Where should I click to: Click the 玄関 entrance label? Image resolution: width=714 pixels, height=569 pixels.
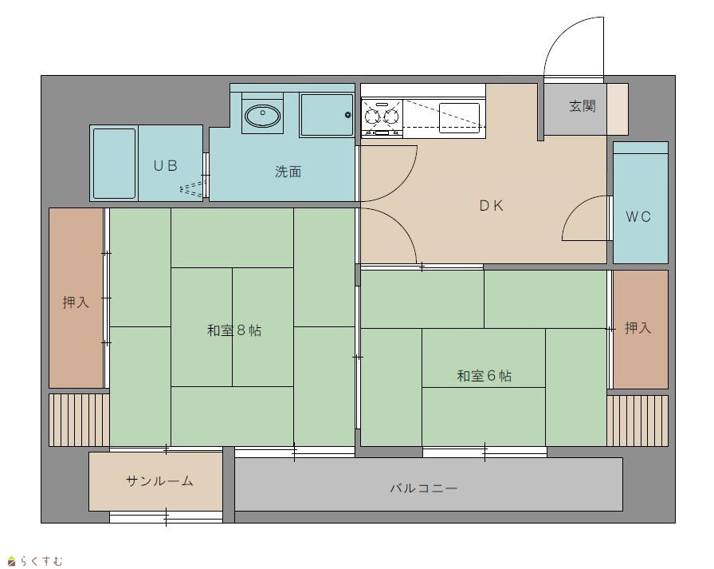pos(583,106)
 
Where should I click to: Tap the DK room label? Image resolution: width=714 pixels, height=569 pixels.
pos(492,206)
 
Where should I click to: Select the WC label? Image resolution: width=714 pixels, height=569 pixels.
pos(638,217)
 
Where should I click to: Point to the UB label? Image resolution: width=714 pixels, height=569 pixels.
pos(165,165)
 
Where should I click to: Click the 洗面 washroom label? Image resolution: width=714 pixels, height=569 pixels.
pos(288,172)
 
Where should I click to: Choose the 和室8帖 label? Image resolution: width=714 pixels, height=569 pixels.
pos(234,330)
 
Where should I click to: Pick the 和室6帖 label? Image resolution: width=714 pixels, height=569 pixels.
pos(484,376)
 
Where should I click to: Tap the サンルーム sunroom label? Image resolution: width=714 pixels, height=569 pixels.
pos(159,481)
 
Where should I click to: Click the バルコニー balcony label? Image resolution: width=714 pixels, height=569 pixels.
pos(423,488)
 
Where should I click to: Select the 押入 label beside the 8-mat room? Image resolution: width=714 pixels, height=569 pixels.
pos(76,302)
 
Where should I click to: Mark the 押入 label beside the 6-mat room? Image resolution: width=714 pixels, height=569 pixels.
pos(638,327)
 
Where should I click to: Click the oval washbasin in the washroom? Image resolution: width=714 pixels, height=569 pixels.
pos(262,116)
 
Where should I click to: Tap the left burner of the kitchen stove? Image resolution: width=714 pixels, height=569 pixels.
pos(372,116)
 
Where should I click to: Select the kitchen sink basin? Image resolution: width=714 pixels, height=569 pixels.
pos(459,117)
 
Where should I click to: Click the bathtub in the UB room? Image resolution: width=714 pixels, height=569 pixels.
pos(114,164)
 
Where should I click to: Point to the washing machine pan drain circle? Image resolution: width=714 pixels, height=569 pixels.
pos(348,115)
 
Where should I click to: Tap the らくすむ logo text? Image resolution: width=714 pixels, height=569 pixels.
pos(40,561)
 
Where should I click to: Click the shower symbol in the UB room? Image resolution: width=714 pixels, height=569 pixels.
pos(192,189)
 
